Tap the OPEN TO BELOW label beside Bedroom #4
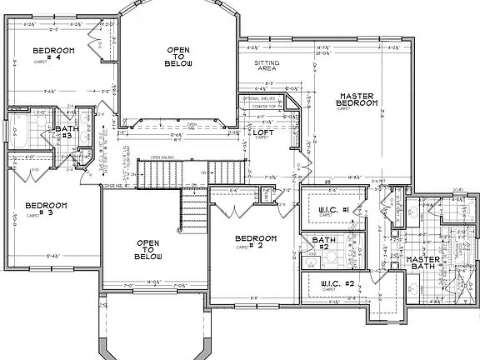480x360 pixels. pos(179,57)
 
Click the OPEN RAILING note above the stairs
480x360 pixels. pos(162,157)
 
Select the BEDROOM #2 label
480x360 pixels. pos(249,242)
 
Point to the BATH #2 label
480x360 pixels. pos(323,244)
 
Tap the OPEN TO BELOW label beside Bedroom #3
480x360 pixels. pos(147,249)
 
